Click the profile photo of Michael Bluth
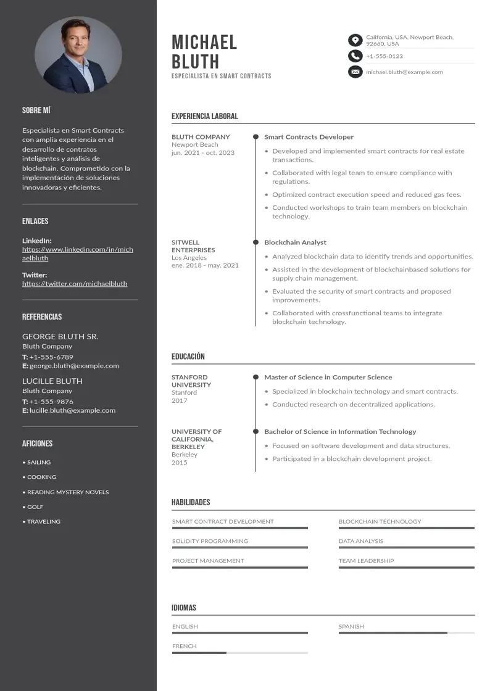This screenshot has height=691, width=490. (x=78, y=55)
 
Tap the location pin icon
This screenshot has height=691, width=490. (x=355, y=41)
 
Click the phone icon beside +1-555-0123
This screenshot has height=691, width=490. (x=355, y=56)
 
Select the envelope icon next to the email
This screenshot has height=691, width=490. (x=355, y=72)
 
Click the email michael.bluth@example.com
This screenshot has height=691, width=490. (x=404, y=72)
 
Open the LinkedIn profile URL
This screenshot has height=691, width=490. (x=77, y=254)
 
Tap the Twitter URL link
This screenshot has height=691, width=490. (x=75, y=284)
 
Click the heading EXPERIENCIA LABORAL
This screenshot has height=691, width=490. (x=204, y=116)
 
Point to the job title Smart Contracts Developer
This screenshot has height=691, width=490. (x=309, y=137)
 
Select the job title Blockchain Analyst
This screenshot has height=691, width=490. (x=295, y=242)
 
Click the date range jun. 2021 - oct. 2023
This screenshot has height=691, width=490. (x=203, y=153)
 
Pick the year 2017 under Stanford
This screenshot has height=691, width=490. (x=179, y=400)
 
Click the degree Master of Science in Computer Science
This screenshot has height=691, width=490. (x=328, y=377)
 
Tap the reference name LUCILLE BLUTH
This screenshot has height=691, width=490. (x=52, y=381)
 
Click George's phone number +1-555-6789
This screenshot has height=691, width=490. (x=51, y=357)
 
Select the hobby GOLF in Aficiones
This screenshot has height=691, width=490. (x=35, y=507)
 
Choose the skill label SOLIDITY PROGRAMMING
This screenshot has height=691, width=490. (x=210, y=541)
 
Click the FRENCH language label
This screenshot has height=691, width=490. (x=185, y=646)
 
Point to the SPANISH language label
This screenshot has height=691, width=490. (x=351, y=626)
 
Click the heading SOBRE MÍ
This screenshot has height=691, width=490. (x=36, y=110)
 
